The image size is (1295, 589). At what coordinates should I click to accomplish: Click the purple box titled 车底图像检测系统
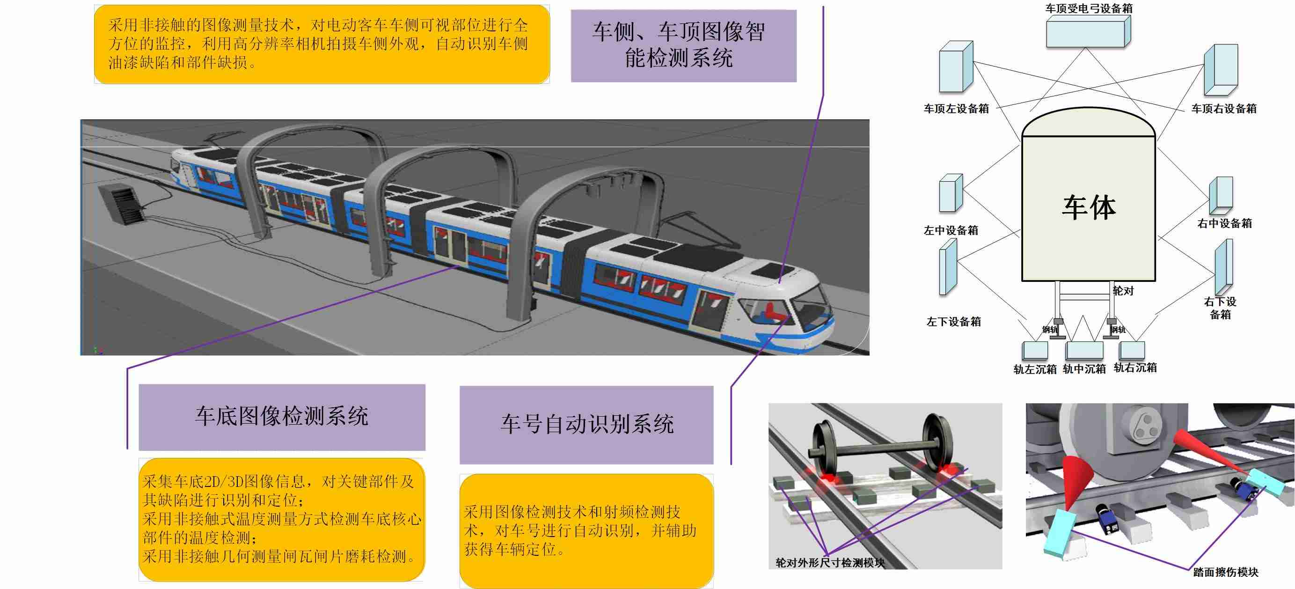282,417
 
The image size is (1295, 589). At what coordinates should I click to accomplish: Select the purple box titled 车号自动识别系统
587,424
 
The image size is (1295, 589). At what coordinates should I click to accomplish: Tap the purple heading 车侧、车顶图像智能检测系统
683,45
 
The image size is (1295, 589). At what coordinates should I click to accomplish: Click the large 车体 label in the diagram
1089,207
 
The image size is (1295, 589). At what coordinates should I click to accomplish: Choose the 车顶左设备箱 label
956,109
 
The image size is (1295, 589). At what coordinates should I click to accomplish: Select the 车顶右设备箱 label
1223,109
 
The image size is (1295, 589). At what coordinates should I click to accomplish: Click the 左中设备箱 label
951,230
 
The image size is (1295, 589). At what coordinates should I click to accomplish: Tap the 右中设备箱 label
1225,223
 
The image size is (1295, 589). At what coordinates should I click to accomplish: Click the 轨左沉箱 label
1035,370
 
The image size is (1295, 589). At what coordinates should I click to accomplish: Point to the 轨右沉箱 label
1135,368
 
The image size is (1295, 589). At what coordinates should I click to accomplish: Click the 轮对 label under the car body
1123,291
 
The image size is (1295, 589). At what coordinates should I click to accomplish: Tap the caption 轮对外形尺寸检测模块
830,563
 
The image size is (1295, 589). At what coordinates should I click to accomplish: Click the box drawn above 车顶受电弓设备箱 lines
1088,32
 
